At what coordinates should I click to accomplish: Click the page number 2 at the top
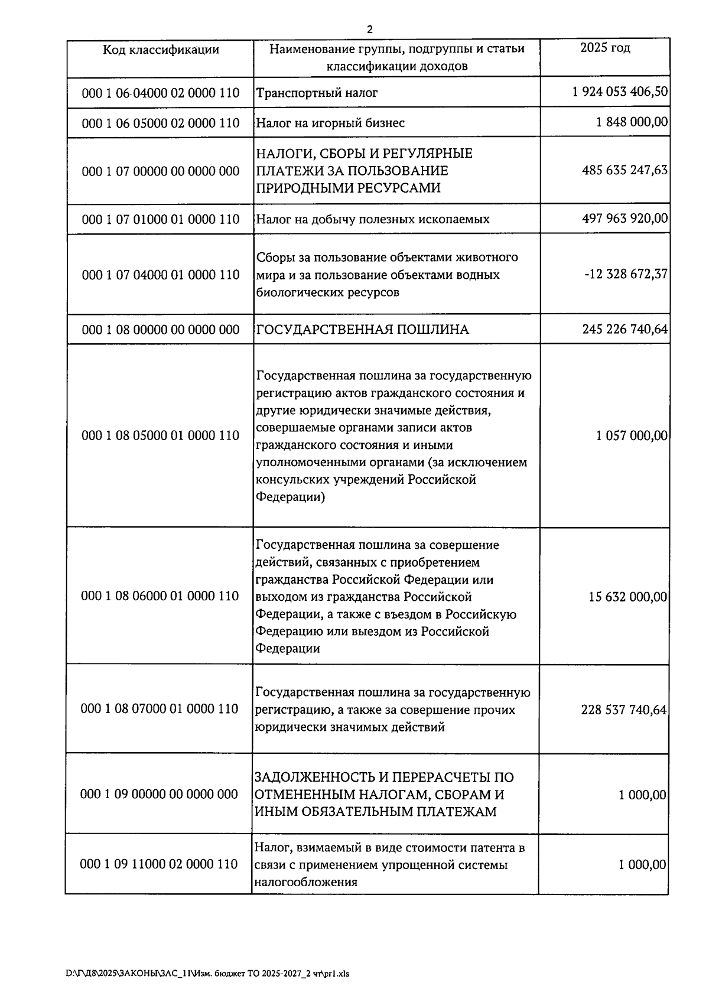pos(369,29)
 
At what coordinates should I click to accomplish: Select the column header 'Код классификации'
pos(161,50)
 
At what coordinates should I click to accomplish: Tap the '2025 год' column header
pos(605,48)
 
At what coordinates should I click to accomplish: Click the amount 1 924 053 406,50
pos(620,92)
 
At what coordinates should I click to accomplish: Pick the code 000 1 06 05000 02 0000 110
pos(161,123)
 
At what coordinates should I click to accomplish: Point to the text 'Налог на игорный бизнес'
pos(330,123)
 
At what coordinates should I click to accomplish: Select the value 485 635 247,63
pos(625,170)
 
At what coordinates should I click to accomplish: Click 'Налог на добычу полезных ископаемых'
pos(372,219)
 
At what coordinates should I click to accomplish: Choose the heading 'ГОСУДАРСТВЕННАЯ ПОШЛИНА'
pos(362,330)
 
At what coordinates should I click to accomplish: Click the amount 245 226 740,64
pos(625,328)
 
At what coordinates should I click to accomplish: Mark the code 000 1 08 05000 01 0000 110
pos(161,435)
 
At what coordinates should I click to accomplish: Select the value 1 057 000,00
pos(632,436)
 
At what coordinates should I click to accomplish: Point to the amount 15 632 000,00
pos(627,597)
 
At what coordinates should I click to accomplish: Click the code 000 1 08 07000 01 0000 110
pos(160,708)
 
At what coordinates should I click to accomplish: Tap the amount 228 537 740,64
pos(623,710)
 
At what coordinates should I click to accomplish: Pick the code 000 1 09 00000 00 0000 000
pos(159,794)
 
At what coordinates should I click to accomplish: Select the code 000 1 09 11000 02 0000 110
pos(159,864)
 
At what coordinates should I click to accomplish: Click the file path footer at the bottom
pos(207,974)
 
